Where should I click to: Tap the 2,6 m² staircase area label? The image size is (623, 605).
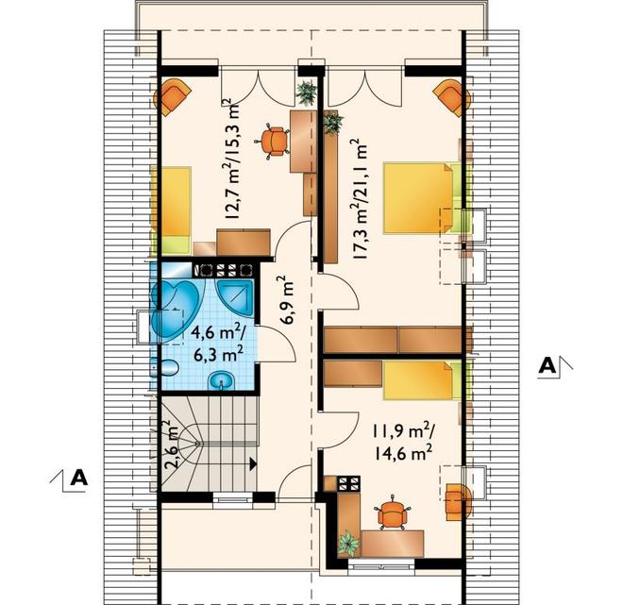(169, 445)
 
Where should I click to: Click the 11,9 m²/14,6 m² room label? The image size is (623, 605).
(404, 442)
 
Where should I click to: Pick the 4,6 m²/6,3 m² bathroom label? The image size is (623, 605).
(218, 343)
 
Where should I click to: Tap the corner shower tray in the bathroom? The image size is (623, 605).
(235, 297)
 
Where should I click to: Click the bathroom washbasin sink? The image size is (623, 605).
(222, 380)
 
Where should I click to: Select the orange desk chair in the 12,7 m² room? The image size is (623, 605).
(274, 141)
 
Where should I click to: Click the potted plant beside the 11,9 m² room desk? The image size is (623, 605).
(348, 544)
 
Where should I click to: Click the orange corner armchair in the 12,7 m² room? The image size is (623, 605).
(172, 96)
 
